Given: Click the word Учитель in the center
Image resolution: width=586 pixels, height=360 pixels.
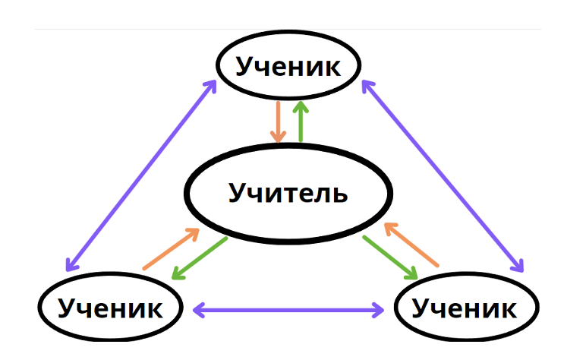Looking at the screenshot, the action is tap(288, 193).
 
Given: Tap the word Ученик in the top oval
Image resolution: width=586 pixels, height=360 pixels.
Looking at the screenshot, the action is tap(288, 67).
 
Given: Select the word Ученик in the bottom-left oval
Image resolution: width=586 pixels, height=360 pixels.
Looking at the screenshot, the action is tap(110, 308).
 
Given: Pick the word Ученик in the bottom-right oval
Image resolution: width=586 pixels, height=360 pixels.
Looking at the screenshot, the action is tap(464, 308).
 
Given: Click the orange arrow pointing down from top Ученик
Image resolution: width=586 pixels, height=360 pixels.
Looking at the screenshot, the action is tap(278, 122).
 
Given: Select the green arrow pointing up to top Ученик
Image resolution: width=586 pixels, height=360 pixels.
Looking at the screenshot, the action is tap(301, 122).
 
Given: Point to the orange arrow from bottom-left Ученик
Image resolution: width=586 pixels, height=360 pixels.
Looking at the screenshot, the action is tap(171, 249).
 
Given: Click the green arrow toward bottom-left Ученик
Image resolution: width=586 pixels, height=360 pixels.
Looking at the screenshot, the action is tap(200, 258).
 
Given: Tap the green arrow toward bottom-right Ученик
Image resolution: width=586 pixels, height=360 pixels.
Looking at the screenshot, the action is tap(390, 257).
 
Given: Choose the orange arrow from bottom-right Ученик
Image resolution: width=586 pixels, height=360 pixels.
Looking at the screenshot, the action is tap(411, 245).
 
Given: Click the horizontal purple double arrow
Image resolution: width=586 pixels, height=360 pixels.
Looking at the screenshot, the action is tap(288, 310).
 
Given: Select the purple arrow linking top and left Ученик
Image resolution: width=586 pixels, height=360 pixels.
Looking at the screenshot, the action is tap(141, 175).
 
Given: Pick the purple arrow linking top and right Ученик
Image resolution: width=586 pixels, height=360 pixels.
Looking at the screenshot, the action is tap(443, 176).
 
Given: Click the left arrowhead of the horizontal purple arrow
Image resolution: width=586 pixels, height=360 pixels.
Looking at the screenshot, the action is tap(198, 310).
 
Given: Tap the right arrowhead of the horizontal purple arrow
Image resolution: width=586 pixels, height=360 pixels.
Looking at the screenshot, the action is tap(379, 310).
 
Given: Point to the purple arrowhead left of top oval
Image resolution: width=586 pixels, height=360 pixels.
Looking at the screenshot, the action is tap(212, 86).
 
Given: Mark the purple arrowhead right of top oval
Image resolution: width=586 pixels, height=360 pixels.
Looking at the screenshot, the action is tap(367, 87).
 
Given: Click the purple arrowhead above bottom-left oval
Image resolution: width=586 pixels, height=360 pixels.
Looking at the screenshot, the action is tap(71, 264).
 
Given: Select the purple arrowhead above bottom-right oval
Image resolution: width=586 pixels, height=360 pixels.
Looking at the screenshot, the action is tap(518, 266).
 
